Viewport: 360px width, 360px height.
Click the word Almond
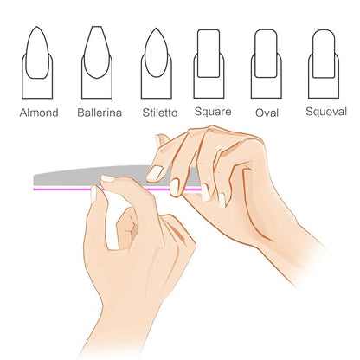[x=39, y=112]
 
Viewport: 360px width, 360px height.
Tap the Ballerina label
[x=100, y=112]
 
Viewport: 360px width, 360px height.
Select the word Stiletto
[x=160, y=112]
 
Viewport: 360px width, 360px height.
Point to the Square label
[x=213, y=112]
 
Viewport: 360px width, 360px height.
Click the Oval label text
[x=267, y=112]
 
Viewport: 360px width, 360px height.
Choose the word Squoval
[x=326, y=112]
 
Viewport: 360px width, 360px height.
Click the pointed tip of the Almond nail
[x=37, y=27]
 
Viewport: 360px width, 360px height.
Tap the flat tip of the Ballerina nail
[x=97, y=27]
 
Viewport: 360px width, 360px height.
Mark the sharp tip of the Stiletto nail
[x=156, y=29]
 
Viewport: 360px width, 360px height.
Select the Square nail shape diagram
[x=209, y=64]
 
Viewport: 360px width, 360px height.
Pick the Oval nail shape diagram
[x=266, y=64]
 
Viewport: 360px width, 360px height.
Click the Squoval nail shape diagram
[x=324, y=64]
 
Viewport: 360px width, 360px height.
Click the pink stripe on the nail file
[x=117, y=190]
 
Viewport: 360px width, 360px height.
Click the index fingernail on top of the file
[x=154, y=174]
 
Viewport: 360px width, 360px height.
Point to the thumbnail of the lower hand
[x=93, y=194]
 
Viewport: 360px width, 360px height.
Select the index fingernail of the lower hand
[x=107, y=178]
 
